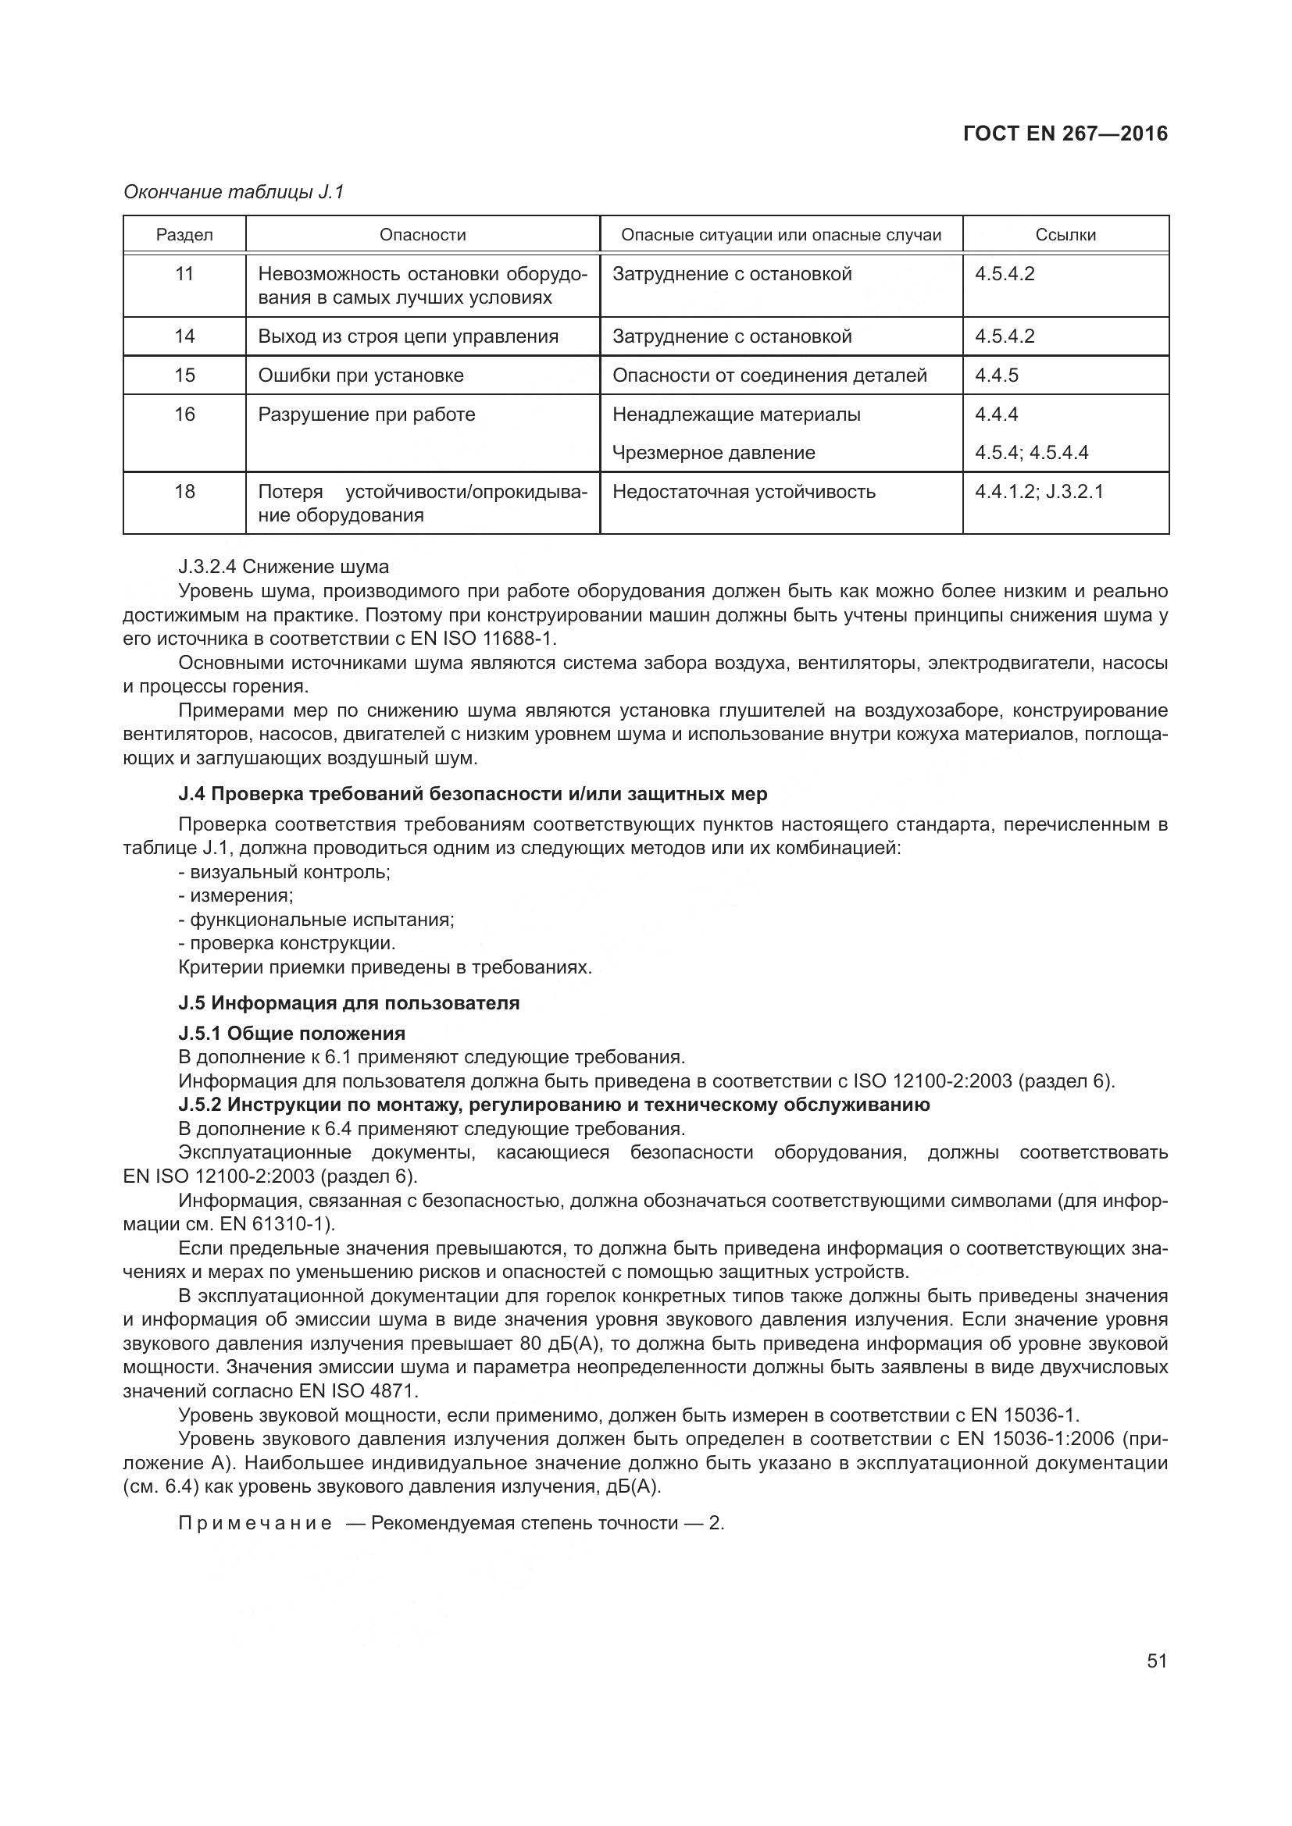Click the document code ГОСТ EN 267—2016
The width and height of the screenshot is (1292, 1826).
1065,133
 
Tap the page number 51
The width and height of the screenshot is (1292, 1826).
1157,1660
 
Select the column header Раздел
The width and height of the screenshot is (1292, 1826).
184,235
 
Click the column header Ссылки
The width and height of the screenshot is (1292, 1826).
1065,235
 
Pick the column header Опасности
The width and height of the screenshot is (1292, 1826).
423,235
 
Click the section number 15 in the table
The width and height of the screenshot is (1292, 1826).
184,376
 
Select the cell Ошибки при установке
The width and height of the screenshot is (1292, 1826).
360,376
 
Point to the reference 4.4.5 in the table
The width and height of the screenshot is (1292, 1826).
997,376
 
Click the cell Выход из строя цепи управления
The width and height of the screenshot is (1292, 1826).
408,336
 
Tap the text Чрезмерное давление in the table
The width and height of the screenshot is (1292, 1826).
714,453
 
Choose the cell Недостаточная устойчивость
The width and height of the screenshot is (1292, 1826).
744,492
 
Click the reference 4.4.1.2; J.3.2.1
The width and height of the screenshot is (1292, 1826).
1039,492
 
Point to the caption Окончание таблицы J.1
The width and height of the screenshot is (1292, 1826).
233,192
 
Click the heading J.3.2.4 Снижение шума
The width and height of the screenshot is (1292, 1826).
284,567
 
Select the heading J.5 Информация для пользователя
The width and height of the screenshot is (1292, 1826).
348,1003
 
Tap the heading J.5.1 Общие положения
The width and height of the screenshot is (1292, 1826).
292,1033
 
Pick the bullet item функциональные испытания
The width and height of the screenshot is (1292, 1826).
316,920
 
